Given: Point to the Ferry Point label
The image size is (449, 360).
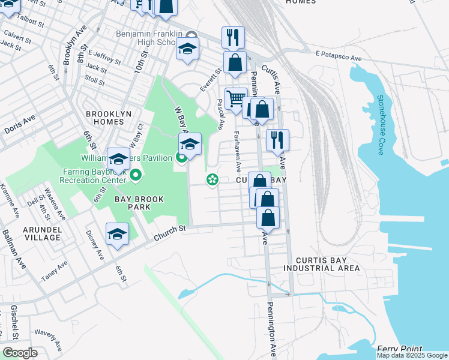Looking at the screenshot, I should [400, 349].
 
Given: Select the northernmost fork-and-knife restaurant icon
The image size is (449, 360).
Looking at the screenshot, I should [232, 37].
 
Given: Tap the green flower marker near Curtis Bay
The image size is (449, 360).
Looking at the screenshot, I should [211, 179].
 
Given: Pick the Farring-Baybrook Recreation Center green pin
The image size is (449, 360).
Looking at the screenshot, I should [136, 175].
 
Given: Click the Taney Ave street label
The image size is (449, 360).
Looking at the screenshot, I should [54, 271].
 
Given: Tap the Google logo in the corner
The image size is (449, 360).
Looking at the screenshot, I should [20, 352].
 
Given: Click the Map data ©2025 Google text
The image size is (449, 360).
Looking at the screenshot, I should [412, 355].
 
